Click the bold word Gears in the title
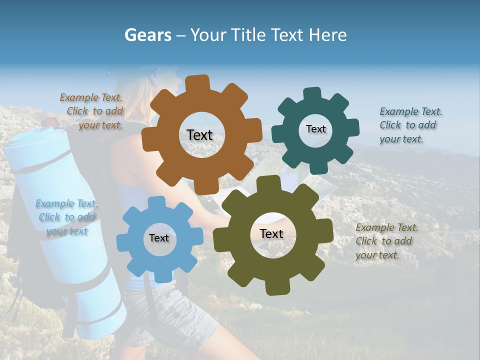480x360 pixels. click(147, 35)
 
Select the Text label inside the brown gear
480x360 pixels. click(199, 135)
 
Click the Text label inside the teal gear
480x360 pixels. click(315, 129)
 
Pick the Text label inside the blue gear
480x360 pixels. click(159, 238)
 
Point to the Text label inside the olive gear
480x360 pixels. click(271, 233)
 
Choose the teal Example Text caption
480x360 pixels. click(410, 125)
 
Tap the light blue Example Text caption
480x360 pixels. click(66, 217)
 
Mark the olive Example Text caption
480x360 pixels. click(386, 241)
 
